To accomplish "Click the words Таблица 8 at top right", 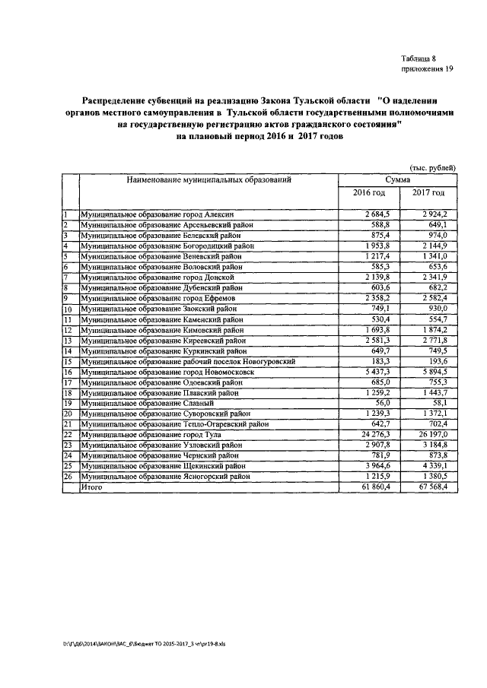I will pyautogui.click(x=419, y=59).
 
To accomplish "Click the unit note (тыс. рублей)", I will pyautogui.click(x=432, y=167).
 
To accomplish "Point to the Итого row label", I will pyautogui.click(x=91, y=486).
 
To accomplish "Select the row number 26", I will pyautogui.click(x=67, y=476).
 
